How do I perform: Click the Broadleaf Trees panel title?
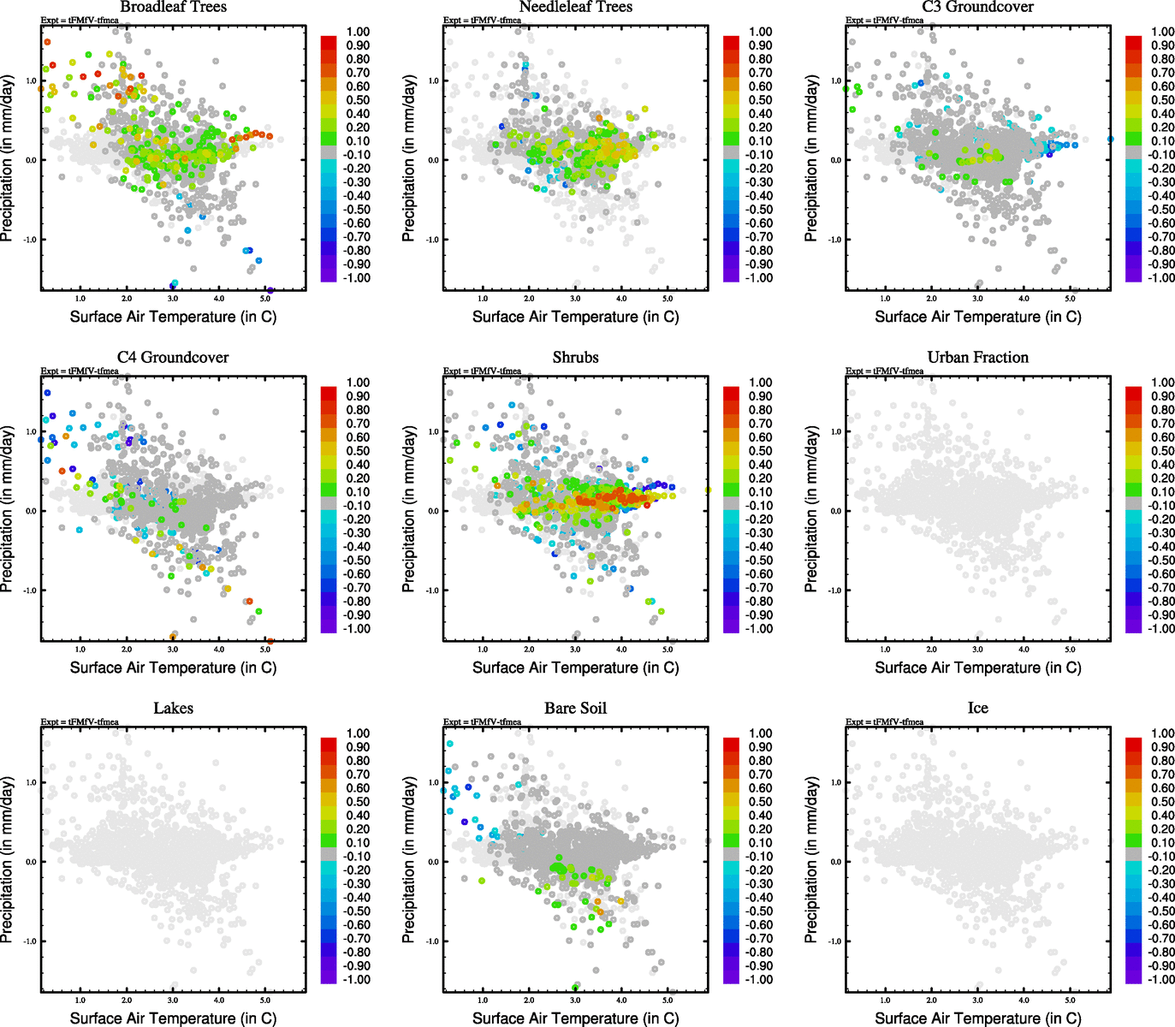[x=173, y=8]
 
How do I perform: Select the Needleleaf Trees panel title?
[x=575, y=8]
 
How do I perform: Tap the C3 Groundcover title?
[x=977, y=8]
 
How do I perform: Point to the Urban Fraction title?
[x=977, y=358]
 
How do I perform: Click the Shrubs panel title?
[x=575, y=358]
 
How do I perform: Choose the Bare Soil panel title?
[x=575, y=709]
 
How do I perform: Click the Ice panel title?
[x=977, y=709]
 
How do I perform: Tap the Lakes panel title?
[x=173, y=709]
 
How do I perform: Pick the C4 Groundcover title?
[x=173, y=358]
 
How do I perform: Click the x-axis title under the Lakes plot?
[x=173, y=1018]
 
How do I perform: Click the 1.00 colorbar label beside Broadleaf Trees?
[x=358, y=32]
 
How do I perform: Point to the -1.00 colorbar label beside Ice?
[x=1160, y=980]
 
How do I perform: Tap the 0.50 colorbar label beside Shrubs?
[x=761, y=451]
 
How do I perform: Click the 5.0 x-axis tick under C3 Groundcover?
[x=1070, y=299]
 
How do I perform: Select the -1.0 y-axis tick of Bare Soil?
[x=433, y=941]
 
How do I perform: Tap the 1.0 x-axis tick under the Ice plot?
[x=885, y=1000]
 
